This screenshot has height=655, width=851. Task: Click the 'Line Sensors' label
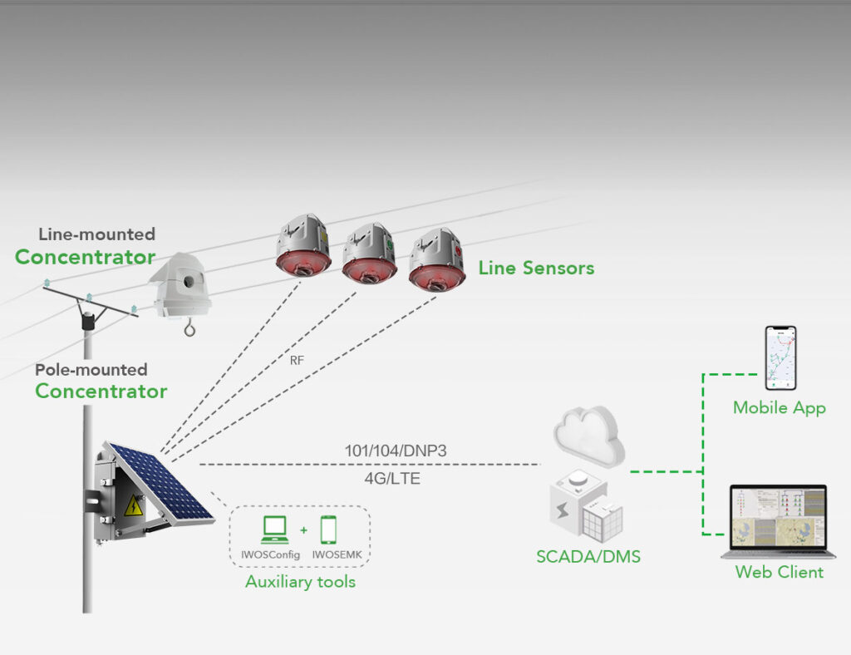[536, 268]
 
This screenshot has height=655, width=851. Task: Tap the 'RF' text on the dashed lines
[297, 361]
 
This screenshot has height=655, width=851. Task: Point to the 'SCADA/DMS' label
[588, 557]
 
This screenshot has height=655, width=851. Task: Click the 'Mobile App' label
[779, 408]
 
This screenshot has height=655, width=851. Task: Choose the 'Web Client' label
[779, 572]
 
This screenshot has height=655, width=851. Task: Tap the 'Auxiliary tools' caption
[300, 582]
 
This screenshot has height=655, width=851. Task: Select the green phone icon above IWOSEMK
[329, 529]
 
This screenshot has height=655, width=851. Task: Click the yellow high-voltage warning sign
[133, 505]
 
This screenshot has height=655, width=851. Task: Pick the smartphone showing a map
[780, 357]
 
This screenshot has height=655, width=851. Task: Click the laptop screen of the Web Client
[778, 521]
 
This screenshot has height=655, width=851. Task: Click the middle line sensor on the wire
[369, 253]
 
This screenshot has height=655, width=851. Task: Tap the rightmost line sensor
[435, 259]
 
